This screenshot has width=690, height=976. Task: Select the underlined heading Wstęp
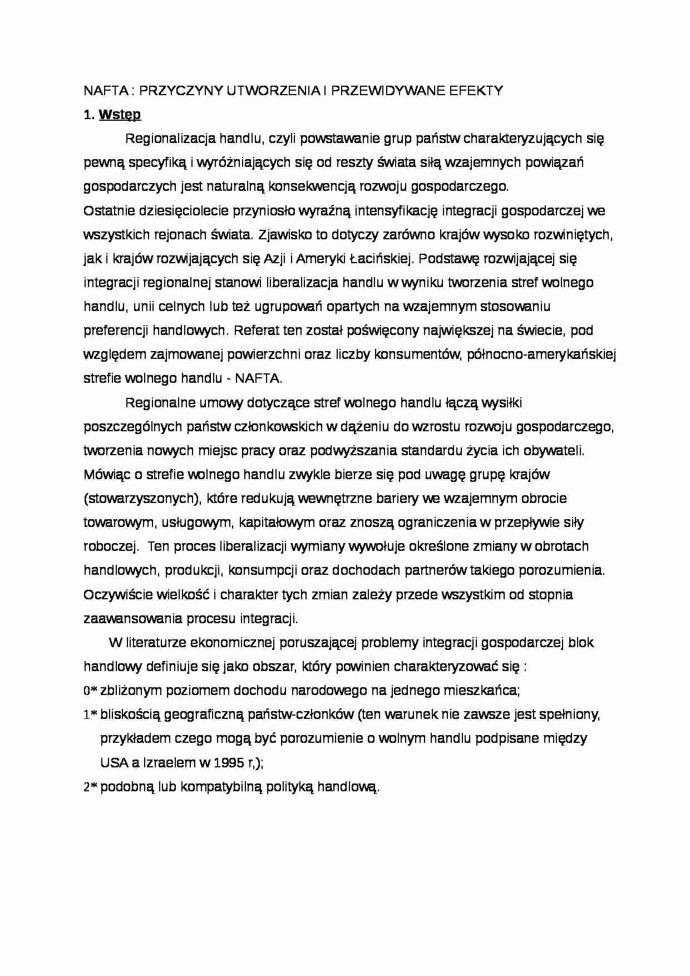[x=120, y=115]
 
